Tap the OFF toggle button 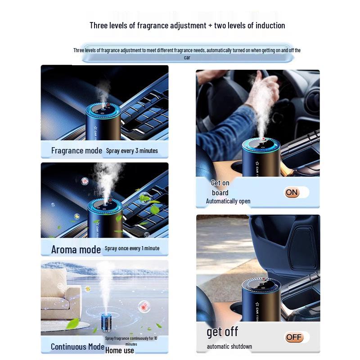294,337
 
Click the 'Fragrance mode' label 76,150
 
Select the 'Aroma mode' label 76,249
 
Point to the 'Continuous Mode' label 77,346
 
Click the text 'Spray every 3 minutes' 132,151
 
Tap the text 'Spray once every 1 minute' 132,248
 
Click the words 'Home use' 120,350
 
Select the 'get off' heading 222,332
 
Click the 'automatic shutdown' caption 229,346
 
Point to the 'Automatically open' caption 228,201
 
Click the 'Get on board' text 220,188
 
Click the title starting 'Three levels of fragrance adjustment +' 187,25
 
